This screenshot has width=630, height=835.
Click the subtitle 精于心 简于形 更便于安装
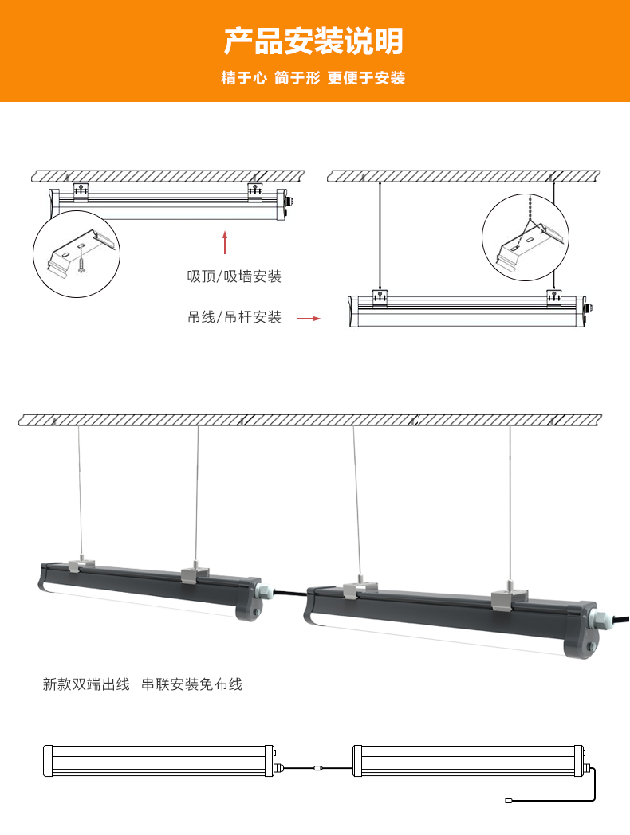tap(313, 78)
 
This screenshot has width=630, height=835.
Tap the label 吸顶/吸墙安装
tap(234, 276)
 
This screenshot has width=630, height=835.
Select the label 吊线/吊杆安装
tap(234, 317)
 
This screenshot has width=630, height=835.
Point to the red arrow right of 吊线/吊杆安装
tap(309, 319)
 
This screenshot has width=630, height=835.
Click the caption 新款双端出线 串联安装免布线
tap(142, 684)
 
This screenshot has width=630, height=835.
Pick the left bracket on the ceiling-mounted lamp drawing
tap(80, 191)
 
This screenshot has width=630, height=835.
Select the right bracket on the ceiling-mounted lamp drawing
tap(255, 191)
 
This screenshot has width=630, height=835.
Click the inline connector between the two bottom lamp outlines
tap(318, 768)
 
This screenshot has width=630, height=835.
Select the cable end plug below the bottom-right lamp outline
tap(508, 799)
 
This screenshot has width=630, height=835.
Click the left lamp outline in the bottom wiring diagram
tap(160, 760)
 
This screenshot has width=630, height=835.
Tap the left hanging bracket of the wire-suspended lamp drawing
tap(380, 297)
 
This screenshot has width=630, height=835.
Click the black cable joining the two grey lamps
tap(289, 593)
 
